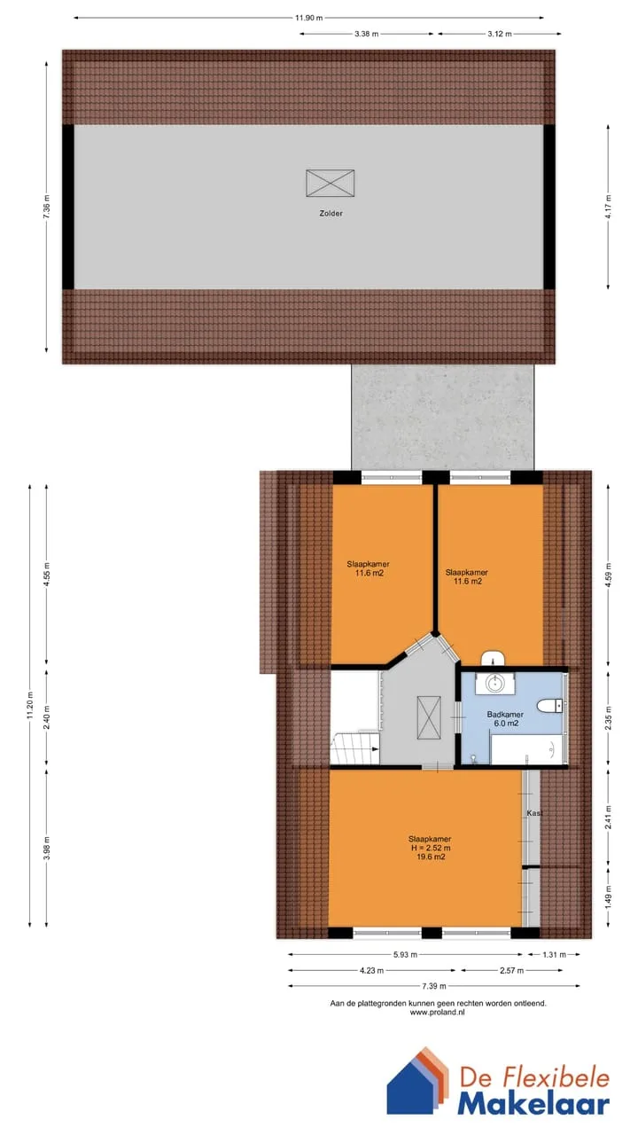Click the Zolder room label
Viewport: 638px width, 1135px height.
coord(331,214)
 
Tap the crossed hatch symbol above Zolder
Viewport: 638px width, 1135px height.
coord(331,183)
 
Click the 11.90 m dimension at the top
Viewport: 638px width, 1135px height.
coord(309,18)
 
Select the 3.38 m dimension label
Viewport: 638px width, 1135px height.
coord(366,34)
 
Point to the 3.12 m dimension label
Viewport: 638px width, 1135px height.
coord(499,34)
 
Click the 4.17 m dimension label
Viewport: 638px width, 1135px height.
coord(608,207)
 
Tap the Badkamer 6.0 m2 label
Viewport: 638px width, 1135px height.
coord(505,718)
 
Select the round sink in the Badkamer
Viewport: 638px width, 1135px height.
coord(494,683)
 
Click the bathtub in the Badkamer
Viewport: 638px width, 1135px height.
coord(527,750)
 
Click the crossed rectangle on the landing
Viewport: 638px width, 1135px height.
coord(429,718)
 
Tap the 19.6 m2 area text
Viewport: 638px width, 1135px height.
coord(431,857)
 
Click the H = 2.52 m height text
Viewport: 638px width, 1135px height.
coord(431,848)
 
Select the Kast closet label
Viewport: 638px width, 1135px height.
coord(534,813)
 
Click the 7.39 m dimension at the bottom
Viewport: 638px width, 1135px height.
coord(434,986)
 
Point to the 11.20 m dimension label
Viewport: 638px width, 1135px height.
coord(29,705)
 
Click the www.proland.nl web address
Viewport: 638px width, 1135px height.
coord(437,1013)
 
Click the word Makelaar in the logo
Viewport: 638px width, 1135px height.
coord(533,1104)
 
